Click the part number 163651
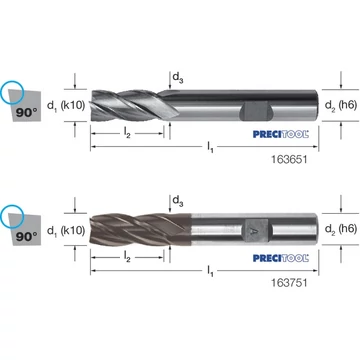click(290, 160)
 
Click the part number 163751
click(290, 283)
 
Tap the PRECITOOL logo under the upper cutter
click(281, 134)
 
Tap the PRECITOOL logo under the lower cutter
click(281, 258)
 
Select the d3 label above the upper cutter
click(178, 78)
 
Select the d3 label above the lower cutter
click(178, 201)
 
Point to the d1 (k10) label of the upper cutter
click(66, 106)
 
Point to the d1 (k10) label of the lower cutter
click(66, 230)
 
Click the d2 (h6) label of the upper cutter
click(341, 105)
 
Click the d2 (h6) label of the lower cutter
click(341, 229)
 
